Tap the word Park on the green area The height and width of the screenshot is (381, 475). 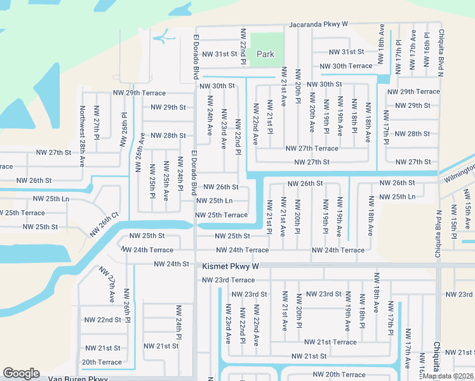point(265,54)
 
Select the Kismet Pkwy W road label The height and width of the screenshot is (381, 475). point(231,267)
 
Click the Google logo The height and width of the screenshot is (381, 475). point(21,373)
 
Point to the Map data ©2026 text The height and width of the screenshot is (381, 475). point(448,376)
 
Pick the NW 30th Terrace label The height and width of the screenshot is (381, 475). point(345,66)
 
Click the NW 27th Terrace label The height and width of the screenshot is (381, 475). point(312,149)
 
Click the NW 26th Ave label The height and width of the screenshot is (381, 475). point(140,153)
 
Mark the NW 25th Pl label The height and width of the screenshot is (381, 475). point(152,180)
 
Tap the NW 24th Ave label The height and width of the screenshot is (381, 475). point(210,116)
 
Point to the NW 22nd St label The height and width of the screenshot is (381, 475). point(102,319)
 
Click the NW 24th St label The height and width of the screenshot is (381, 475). point(171,264)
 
